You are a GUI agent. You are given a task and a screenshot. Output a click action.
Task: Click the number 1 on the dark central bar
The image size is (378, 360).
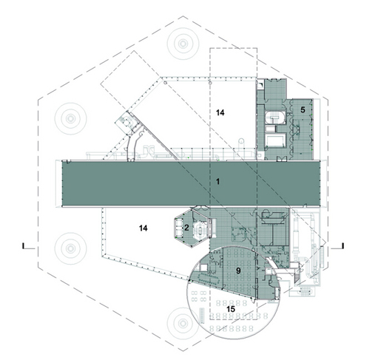pos(217,182)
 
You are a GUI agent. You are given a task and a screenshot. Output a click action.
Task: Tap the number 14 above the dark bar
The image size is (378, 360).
pos(220,113)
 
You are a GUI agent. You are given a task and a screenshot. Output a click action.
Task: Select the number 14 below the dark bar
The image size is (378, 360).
pos(144,228)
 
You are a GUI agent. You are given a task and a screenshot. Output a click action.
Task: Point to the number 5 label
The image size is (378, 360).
pos(303,110)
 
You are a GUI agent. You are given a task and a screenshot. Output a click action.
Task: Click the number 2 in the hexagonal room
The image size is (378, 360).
pos(186,228)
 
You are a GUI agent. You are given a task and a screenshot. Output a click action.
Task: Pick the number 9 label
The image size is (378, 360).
pos(238,271)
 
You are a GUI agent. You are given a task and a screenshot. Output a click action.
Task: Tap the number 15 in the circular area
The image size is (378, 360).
pos(231,309)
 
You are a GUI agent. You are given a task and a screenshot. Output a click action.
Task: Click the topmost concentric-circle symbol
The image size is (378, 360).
pos(183,44)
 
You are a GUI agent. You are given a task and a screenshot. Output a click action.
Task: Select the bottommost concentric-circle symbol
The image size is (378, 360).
pos(183,323)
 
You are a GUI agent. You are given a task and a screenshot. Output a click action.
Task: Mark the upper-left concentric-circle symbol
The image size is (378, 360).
pos(71,118)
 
